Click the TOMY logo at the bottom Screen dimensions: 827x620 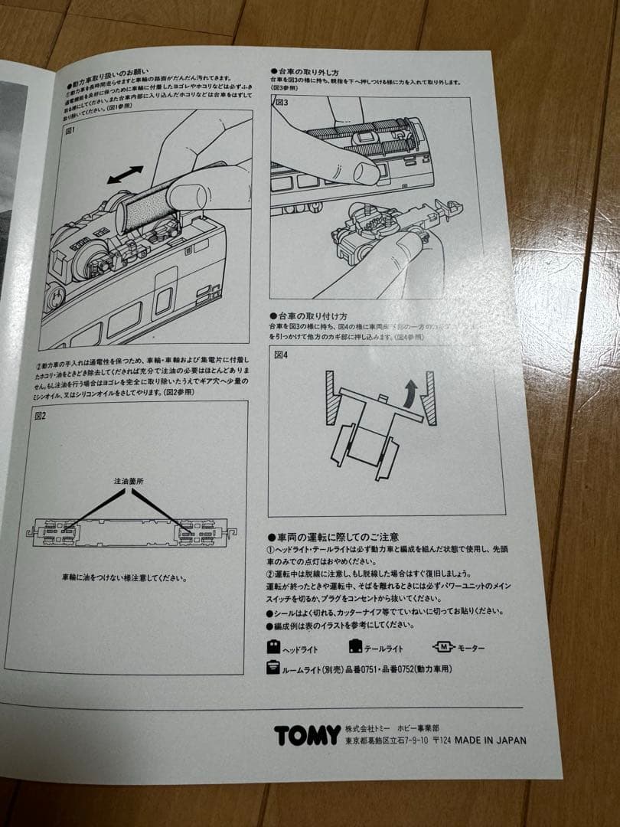(x=307, y=735)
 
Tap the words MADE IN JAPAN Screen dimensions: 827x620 (x=491, y=740)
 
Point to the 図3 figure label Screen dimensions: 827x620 (x=282, y=102)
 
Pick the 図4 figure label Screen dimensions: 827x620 (x=280, y=355)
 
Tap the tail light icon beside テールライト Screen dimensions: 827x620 (x=355, y=646)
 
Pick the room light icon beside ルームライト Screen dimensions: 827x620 (x=272, y=668)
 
